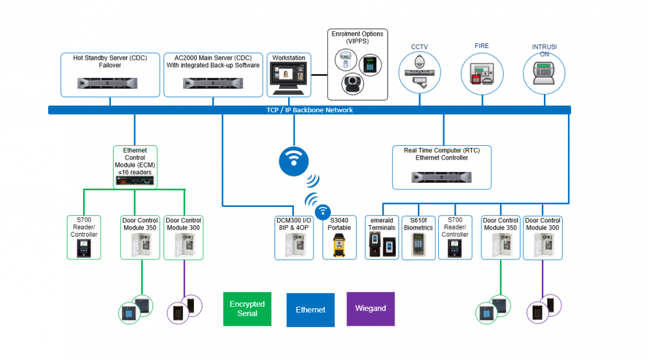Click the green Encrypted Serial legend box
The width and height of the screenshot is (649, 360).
[247, 309]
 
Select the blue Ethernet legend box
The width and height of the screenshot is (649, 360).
[310, 309]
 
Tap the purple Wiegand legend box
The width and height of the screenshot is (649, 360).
[371, 309]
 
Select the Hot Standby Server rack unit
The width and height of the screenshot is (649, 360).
[110, 82]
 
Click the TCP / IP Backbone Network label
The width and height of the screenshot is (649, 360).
[310, 110]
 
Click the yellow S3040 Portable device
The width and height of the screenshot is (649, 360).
[339, 245]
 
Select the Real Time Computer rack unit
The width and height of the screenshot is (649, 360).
[441, 176]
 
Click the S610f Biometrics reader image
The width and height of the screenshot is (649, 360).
[418, 244]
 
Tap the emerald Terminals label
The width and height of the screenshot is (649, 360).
[381, 224]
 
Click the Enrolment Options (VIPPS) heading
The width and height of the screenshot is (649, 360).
[357, 37]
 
